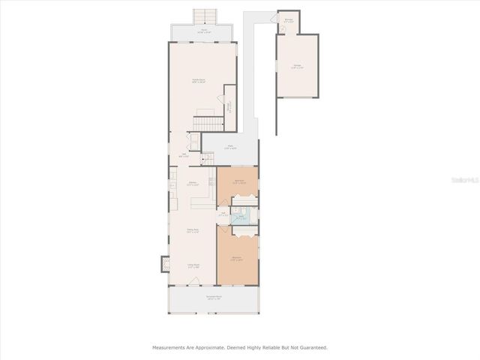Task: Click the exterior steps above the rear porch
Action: (203, 16)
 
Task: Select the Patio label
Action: (232, 148)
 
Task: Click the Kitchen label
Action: (193, 183)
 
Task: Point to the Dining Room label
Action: (192, 231)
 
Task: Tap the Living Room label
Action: (193, 265)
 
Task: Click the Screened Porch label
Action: (213, 298)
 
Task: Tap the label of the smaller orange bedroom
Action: (238, 181)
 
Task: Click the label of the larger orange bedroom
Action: (237, 259)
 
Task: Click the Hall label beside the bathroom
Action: (223, 214)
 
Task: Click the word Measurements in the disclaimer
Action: (169, 347)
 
